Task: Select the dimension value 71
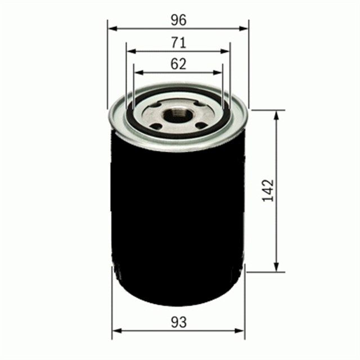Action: pyautogui.click(x=178, y=42)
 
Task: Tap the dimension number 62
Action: pyautogui.click(x=178, y=64)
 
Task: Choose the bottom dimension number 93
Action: pyautogui.click(x=178, y=322)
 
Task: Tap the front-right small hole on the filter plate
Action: pyautogui.click(x=201, y=124)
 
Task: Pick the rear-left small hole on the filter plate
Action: pyautogui.click(x=155, y=106)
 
